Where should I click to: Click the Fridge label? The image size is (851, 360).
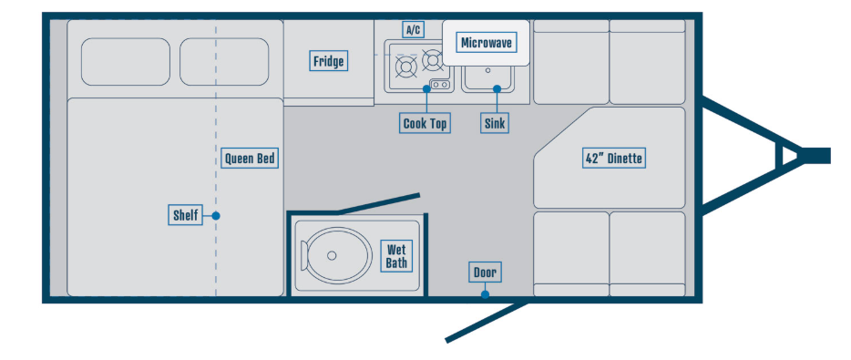tap(329, 61)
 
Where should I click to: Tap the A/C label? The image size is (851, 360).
tap(413, 30)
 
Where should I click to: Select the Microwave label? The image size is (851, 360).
tap(487, 43)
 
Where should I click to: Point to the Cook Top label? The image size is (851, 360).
tap(425, 123)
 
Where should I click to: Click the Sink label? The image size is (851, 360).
tap(495, 123)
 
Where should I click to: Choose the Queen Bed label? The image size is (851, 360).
tap(250, 159)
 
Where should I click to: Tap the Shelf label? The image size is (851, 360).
tap(185, 216)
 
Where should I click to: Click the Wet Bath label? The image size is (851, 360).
tap(396, 257)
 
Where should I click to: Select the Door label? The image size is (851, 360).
tap(485, 273)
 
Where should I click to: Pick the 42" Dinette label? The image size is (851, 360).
tap(614, 159)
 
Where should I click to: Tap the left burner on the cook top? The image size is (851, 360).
tap(406, 67)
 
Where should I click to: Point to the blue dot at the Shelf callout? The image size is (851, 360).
tap(216, 216)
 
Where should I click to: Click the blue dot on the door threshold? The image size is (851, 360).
tap(486, 294)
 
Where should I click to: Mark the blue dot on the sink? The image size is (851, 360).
tap(497, 88)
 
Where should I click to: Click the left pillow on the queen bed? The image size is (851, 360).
tap(126, 61)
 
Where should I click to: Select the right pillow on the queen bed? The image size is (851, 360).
tap(224, 61)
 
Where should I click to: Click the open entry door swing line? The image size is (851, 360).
tap(487, 322)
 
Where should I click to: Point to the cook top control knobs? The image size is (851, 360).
tap(440, 85)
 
